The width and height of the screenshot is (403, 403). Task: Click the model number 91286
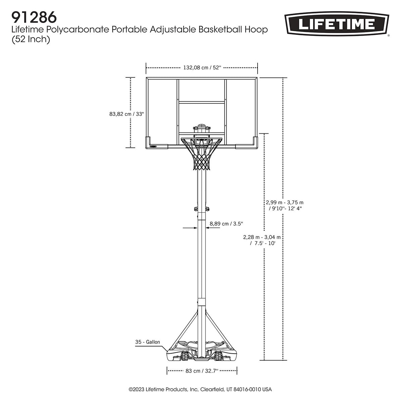[34, 17]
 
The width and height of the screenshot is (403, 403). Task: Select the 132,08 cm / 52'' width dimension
[202, 68]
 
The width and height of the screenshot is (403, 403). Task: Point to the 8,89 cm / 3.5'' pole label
[226, 223]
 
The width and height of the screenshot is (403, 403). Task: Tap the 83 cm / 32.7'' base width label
[202, 371]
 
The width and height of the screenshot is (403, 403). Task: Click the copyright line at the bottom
[200, 390]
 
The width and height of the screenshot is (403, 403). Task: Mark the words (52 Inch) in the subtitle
[31, 39]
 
